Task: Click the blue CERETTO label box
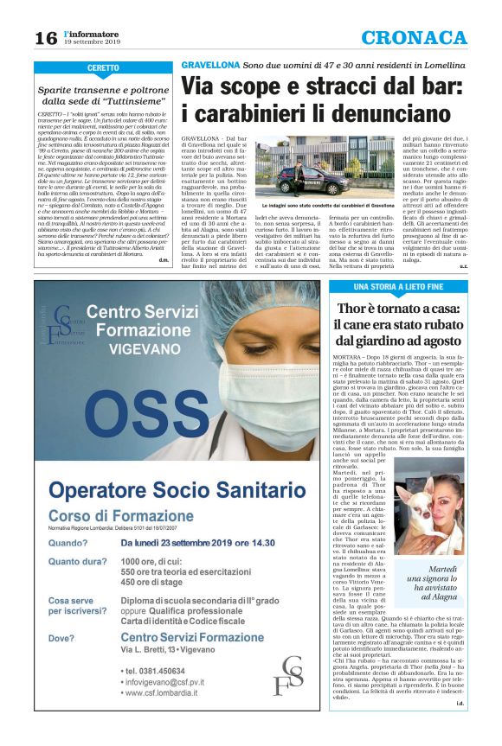[x=103, y=67]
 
